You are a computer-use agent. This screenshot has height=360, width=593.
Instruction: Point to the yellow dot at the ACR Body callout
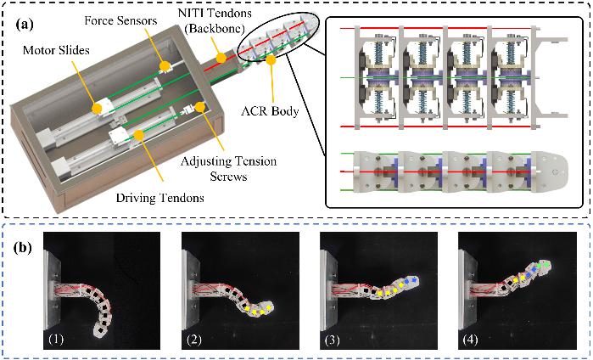point(271,60)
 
